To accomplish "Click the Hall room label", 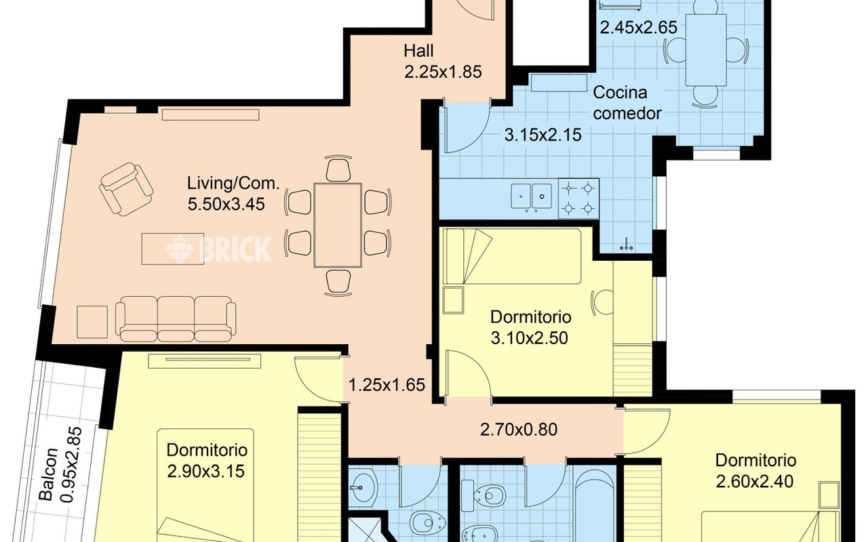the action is pyautogui.click(x=418, y=51).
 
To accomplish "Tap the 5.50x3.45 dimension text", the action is pyautogui.click(x=226, y=205).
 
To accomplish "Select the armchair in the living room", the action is pyautogui.click(x=126, y=189).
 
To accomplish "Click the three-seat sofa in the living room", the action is pyautogui.click(x=176, y=319).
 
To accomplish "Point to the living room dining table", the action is pyautogui.click(x=338, y=226).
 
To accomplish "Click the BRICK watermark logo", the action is pyautogui.click(x=218, y=249).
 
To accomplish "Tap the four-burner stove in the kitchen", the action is pyautogui.click(x=578, y=199).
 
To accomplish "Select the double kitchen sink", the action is pyautogui.click(x=532, y=196).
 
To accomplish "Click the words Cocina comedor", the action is pyautogui.click(x=627, y=103).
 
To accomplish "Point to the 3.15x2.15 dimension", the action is pyautogui.click(x=543, y=135).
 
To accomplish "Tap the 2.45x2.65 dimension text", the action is pyautogui.click(x=639, y=28).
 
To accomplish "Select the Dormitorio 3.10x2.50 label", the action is pyautogui.click(x=530, y=327).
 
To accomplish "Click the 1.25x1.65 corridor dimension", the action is pyautogui.click(x=387, y=385).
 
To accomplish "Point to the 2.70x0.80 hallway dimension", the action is pyautogui.click(x=519, y=430).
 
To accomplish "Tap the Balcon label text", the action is pyautogui.click(x=49, y=475).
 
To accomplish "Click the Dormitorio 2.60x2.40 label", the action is pyautogui.click(x=755, y=471).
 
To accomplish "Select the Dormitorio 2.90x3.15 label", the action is pyautogui.click(x=207, y=461).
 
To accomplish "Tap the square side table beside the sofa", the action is pyautogui.click(x=92, y=322).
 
